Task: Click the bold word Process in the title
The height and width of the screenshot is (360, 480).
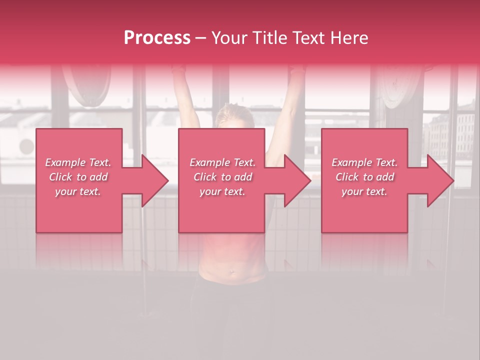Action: tap(157, 38)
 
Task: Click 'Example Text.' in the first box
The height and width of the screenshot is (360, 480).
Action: tap(78, 162)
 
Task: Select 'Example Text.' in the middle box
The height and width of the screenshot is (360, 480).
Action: tap(222, 162)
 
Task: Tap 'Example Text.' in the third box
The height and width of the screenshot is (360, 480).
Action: tap(364, 162)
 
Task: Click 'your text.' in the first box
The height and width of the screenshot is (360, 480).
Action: tap(78, 191)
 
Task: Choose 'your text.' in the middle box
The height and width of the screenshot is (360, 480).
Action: tap(222, 191)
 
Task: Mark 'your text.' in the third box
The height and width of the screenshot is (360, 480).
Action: tap(364, 191)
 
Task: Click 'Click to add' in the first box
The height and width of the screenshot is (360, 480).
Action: tap(78, 177)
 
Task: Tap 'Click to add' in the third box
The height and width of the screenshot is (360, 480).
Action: tap(364, 177)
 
